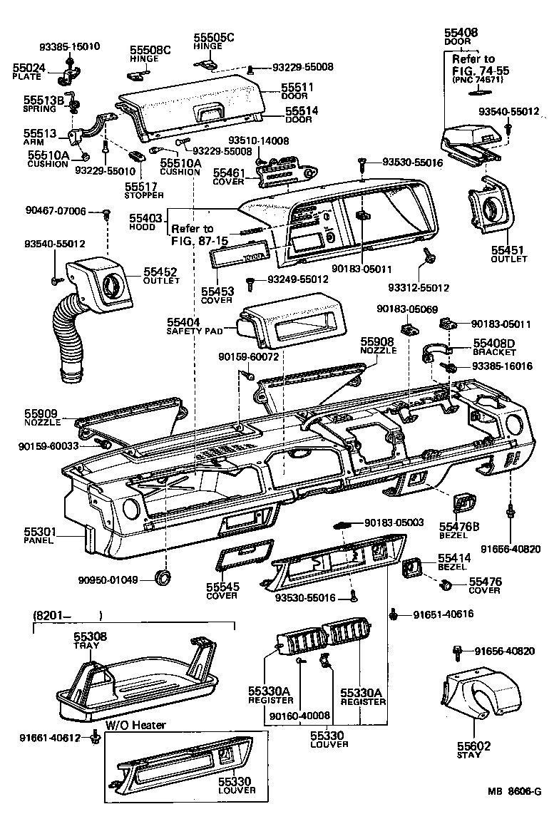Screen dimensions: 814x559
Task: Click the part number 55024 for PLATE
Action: coord(29,68)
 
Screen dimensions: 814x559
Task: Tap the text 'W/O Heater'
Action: coord(135,726)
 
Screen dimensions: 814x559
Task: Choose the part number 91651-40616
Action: coord(444,614)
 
